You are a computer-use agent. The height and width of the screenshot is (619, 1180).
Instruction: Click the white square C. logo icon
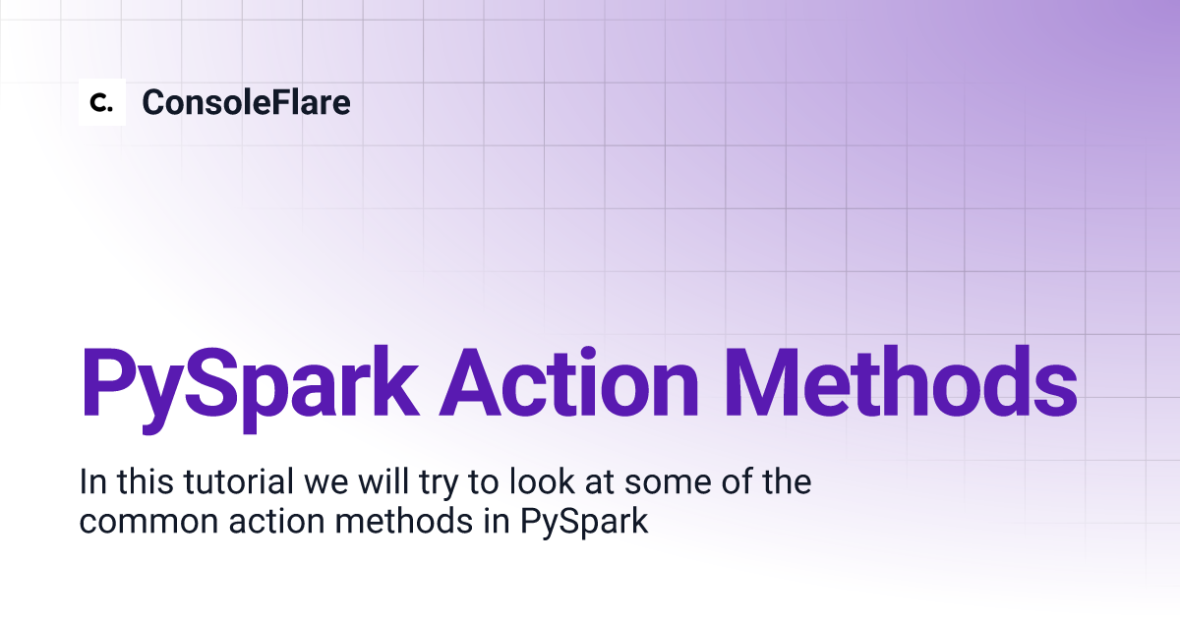102,101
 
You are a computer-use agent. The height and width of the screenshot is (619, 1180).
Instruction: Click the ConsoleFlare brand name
246,102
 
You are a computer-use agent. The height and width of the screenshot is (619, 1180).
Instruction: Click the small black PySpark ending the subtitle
584,522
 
